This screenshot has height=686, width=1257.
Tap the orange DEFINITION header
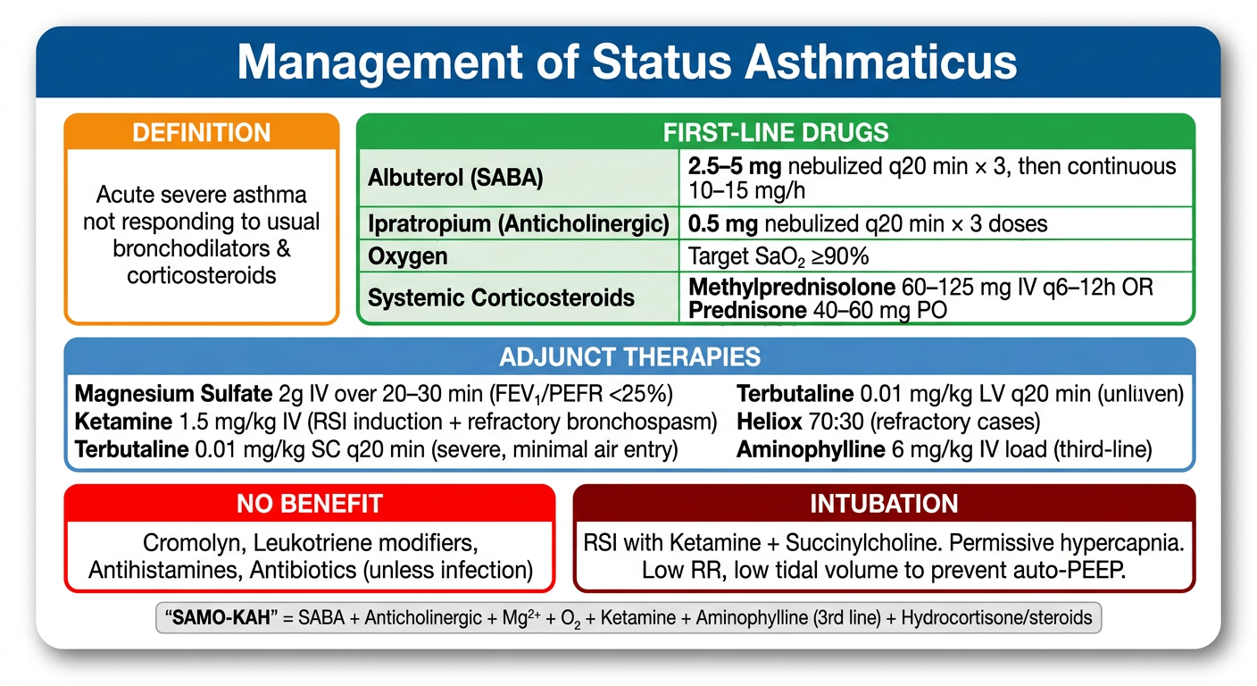pyautogui.click(x=202, y=133)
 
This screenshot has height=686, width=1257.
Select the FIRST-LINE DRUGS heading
pyautogui.click(x=776, y=132)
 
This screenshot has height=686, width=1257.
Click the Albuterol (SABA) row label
pyautogui.click(x=455, y=178)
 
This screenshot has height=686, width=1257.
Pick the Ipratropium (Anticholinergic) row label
pyautogui.click(x=519, y=223)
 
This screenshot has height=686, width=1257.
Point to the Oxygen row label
pyautogui.click(x=407, y=256)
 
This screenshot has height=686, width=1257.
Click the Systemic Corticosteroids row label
pyautogui.click(x=501, y=297)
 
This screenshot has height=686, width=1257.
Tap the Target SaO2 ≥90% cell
pyautogui.click(x=778, y=256)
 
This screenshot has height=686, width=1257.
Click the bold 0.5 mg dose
pyautogui.click(x=723, y=224)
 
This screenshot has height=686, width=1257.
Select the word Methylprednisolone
pyautogui.click(x=792, y=287)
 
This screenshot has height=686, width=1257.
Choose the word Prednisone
pyautogui.click(x=747, y=310)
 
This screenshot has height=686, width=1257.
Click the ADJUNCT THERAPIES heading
pyautogui.click(x=629, y=357)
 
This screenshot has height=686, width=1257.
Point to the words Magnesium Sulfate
pyautogui.click(x=173, y=394)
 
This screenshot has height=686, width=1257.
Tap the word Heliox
pyautogui.click(x=769, y=422)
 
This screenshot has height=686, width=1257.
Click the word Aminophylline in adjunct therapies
pyautogui.click(x=811, y=449)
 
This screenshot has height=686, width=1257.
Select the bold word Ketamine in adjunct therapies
pyautogui.click(x=123, y=422)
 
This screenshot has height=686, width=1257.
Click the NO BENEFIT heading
pyautogui.click(x=310, y=504)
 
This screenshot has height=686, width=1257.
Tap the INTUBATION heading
pyautogui.click(x=884, y=504)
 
